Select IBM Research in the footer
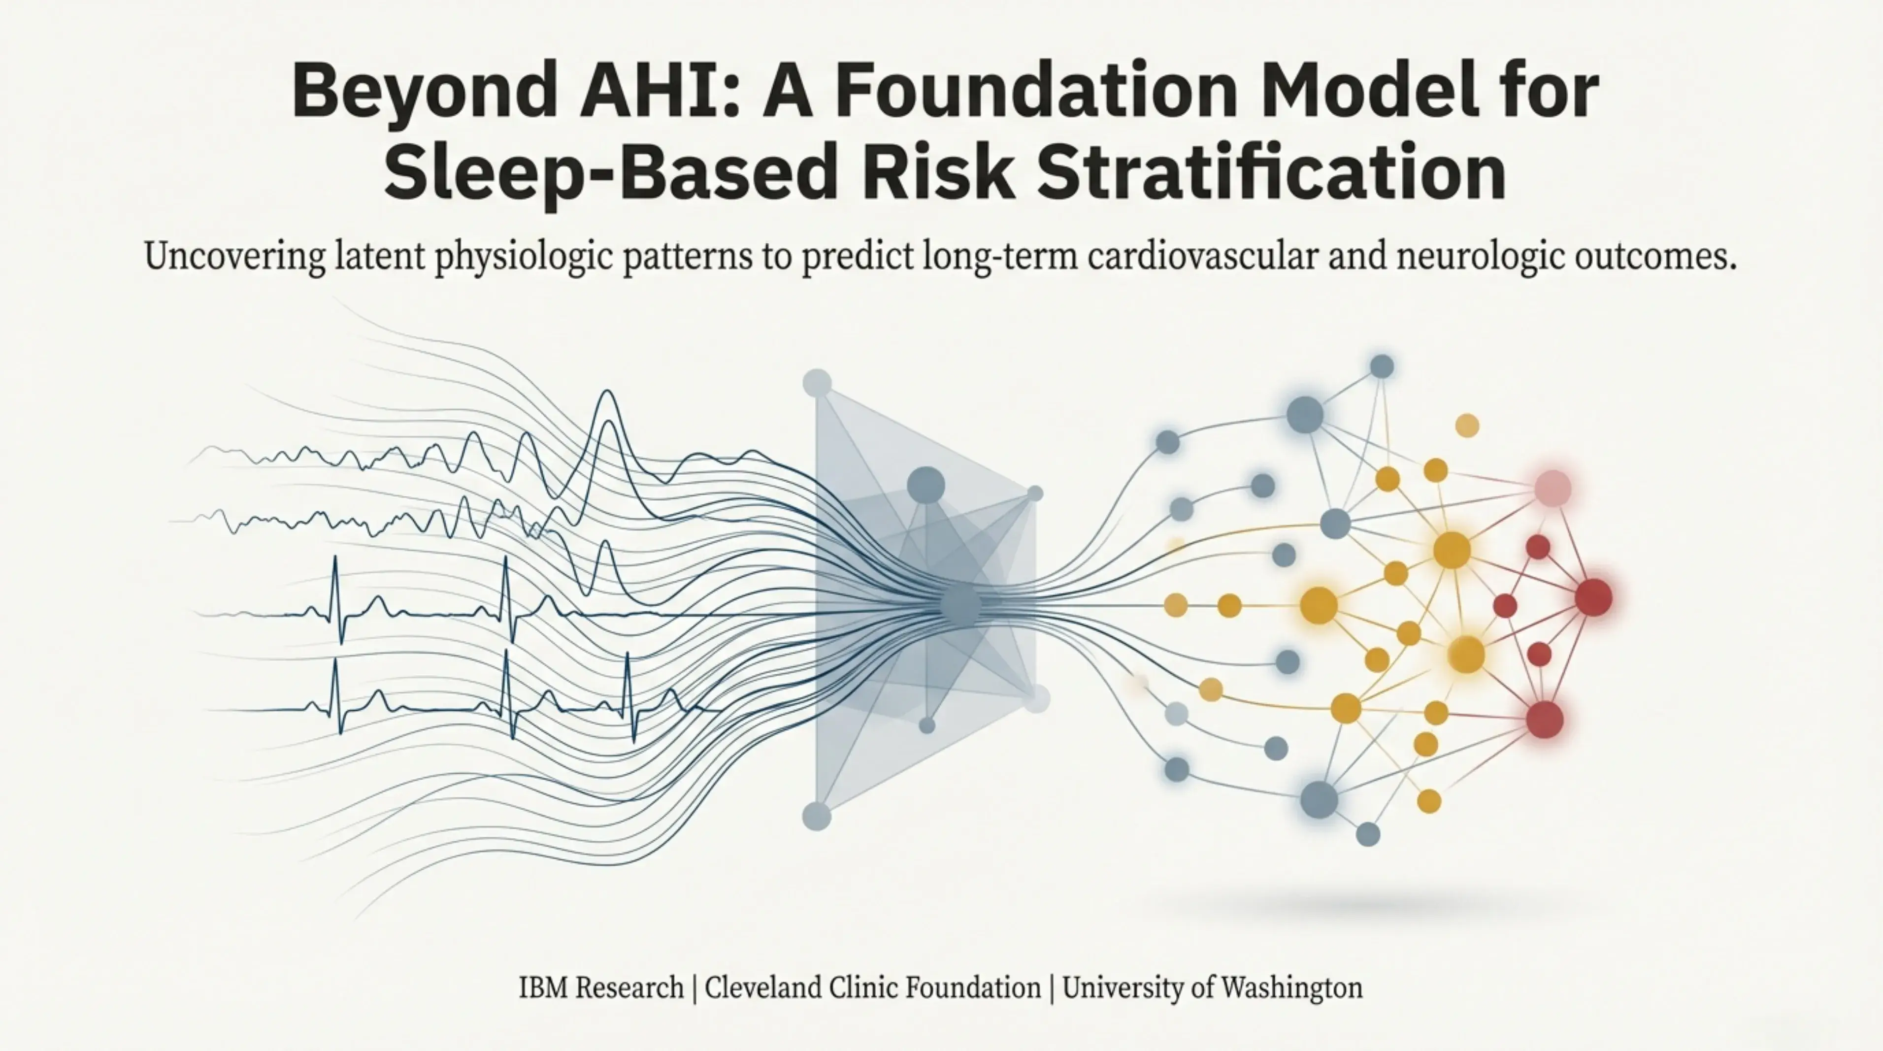click(601, 987)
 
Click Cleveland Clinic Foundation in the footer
click(873, 987)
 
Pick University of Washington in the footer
click(1212, 987)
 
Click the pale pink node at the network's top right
click(1553, 488)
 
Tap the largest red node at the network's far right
click(1593, 597)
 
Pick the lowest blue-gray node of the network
click(1368, 834)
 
